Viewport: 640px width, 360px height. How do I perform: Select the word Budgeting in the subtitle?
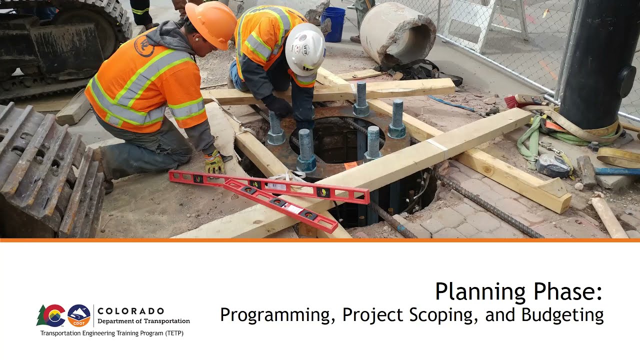click(562, 315)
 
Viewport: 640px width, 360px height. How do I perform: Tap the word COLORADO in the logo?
click(131, 310)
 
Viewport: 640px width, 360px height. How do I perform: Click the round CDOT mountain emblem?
click(79, 315)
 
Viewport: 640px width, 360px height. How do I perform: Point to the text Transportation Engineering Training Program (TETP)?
click(112, 333)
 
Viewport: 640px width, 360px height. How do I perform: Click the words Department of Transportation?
click(143, 321)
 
